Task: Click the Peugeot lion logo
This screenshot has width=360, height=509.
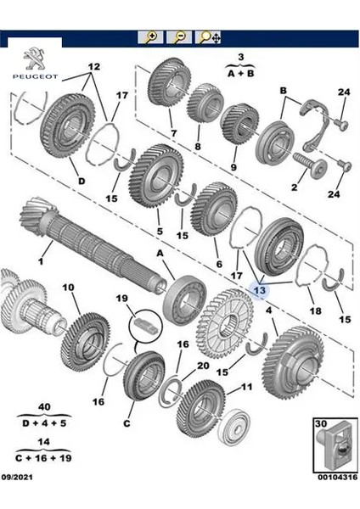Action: [31, 56]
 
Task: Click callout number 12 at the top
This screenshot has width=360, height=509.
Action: [93, 66]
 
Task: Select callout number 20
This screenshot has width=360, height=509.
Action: [202, 366]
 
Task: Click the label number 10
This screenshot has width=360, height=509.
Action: [69, 288]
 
